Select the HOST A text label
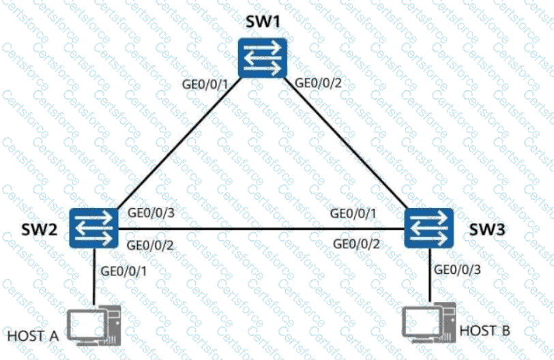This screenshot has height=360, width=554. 33,336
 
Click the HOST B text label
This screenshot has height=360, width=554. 485,331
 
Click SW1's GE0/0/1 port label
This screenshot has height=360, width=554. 204,85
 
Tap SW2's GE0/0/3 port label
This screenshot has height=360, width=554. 151,212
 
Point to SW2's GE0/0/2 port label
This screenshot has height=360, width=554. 151,243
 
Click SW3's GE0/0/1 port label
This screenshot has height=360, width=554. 353,213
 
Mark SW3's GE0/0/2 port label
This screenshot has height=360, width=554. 356,243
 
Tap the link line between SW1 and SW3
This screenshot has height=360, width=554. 348,143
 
